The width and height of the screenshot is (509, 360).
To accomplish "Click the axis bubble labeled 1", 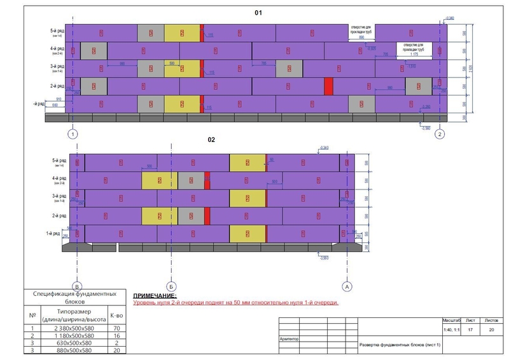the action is click(x=74, y=134).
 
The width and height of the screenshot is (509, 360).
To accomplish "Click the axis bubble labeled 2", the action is click(x=440, y=134).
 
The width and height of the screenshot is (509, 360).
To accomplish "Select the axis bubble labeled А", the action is click(x=347, y=287).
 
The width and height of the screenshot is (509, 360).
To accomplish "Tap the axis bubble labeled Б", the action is click(x=170, y=287).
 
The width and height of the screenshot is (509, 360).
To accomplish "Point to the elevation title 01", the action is click(x=258, y=13).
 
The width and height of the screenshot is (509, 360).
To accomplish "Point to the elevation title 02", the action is click(x=212, y=139).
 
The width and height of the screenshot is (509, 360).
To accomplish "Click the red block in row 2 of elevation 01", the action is click(x=328, y=86).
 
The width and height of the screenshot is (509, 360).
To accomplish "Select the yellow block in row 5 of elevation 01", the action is click(x=182, y=33).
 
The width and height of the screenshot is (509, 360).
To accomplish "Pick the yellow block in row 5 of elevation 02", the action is click(x=247, y=163).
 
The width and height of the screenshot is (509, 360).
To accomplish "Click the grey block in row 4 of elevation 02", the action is click(x=190, y=181).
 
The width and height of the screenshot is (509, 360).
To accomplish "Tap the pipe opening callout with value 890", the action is click(x=361, y=33).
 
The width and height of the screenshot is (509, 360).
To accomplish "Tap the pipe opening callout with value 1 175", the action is click(x=414, y=50).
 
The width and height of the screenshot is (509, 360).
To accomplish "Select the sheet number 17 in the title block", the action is click(x=470, y=330).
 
